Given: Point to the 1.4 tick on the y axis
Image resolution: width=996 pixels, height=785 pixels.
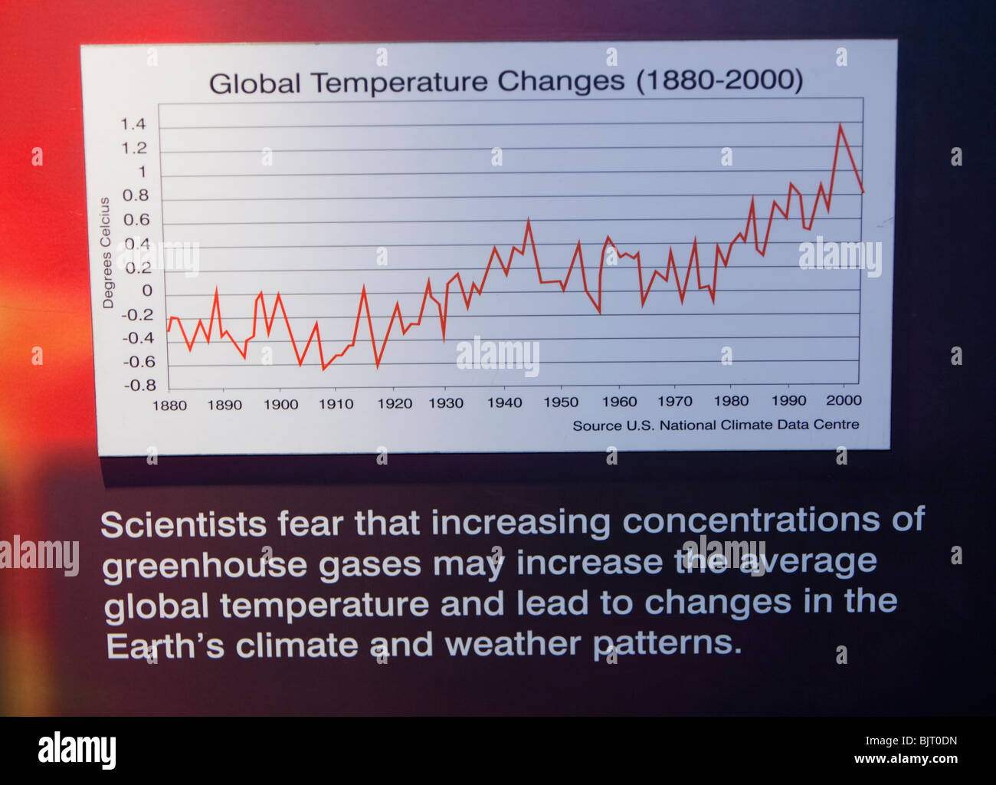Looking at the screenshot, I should coord(133,124).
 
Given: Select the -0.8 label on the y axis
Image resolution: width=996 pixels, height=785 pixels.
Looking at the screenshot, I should coord(139,385).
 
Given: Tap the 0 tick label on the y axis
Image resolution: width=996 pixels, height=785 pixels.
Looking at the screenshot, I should coord(146,291).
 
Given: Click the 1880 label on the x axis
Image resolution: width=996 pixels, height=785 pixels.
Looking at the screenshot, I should coord(169,405).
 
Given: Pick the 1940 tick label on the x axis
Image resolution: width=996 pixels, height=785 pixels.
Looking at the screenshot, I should coord(504,402).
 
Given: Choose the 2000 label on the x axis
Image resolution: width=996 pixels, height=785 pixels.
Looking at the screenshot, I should coord(844,400).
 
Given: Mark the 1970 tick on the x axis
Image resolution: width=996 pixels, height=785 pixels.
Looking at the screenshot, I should coord(674,401).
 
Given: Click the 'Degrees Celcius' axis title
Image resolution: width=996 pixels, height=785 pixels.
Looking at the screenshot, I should coord(106,253).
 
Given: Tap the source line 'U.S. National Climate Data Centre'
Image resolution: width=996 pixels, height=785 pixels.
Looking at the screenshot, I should coord(716,425).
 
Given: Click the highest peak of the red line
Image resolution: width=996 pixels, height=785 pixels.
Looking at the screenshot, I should coord(840,125).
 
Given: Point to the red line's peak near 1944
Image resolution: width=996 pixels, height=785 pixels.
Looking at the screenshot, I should coord(528,221).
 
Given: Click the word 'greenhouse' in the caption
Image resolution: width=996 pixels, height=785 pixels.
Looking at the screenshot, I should coord(205,566).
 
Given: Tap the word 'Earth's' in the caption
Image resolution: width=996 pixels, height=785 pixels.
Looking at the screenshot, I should coord(165,645).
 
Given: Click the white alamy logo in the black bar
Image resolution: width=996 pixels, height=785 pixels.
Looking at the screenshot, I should coord(77,751).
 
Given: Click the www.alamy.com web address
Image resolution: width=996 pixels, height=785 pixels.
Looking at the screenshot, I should coord(906,760).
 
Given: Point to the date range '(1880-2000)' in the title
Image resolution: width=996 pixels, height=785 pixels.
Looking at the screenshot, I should coord(719,80).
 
